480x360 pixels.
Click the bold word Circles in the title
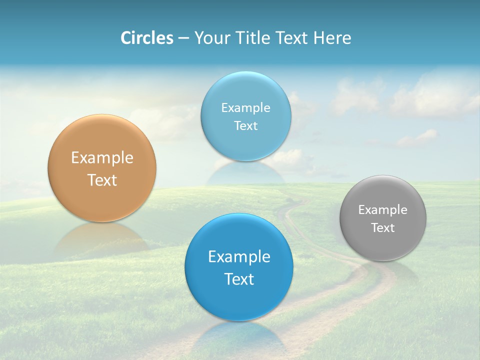point(146,38)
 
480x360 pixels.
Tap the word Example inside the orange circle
point(102,158)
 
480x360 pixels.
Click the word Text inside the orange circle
point(102,180)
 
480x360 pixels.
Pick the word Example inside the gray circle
point(383,210)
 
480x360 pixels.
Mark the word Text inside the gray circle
point(383,228)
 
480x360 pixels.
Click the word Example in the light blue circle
point(246,108)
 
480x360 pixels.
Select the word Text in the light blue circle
point(246,126)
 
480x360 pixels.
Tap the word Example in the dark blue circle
point(239,257)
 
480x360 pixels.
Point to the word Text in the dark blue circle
point(239,279)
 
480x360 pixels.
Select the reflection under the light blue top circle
point(246,172)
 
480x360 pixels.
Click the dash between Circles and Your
point(183,38)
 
